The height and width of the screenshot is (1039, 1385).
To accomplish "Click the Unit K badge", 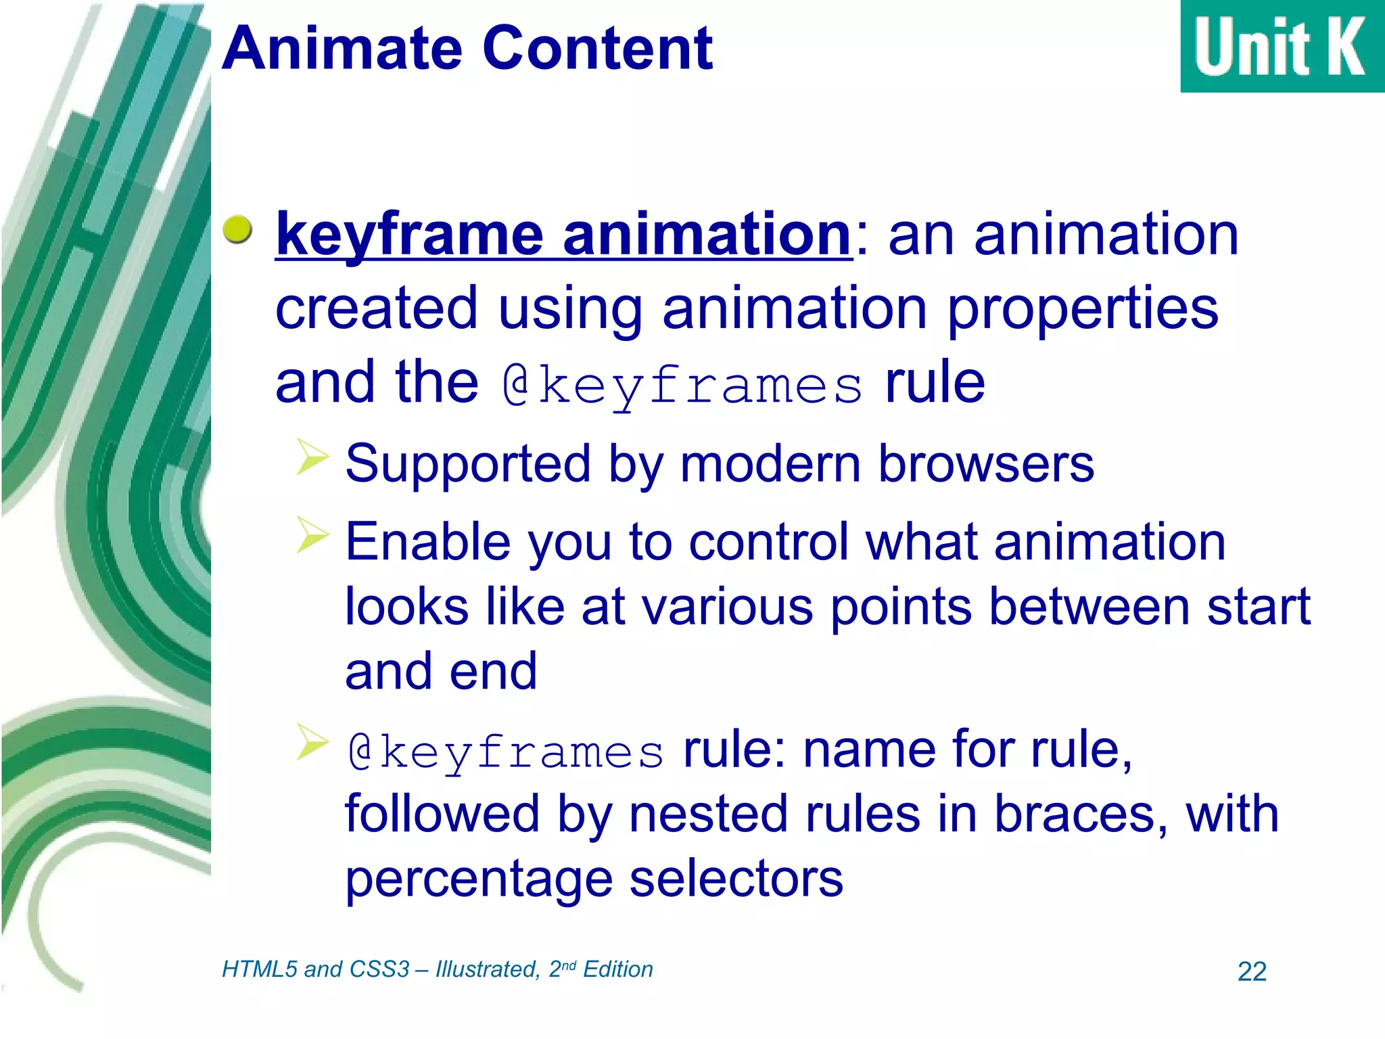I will (1281, 46).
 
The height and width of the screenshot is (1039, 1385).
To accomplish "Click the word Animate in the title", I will (342, 49).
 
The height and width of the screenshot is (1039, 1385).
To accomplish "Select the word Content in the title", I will (598, 49).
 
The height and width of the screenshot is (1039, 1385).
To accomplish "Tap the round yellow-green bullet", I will (237, 230).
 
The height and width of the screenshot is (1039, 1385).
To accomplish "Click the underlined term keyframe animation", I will (563, 235).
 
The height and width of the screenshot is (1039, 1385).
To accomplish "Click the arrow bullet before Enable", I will (312, 535).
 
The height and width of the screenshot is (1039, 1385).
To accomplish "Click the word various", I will (727, 607).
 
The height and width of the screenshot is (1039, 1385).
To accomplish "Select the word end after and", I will (493, 672).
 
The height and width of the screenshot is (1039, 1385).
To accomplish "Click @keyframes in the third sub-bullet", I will (505, 752).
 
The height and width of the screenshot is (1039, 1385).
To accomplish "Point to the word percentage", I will (479, 879).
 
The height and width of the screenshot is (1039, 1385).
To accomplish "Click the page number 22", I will (1251, 972).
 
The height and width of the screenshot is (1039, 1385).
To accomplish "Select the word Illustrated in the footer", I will (487, 969).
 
